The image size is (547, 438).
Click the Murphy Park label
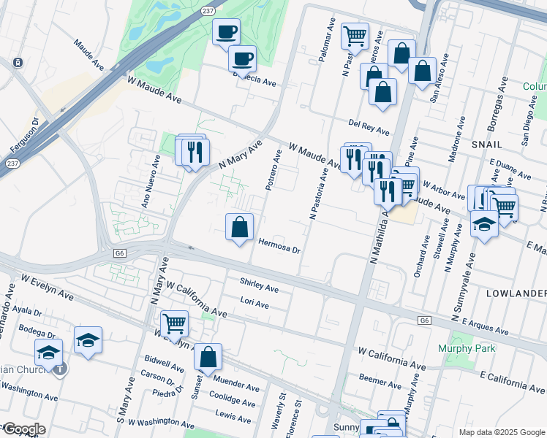pyautogui.click(x=467, y=348)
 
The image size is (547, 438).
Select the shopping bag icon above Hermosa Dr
pyautogui.click(x=239, y=228)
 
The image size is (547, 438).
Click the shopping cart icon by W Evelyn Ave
pyautogui.click(x=174, y=323)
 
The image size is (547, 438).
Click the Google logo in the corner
pyautogui.click(x=23, y=429)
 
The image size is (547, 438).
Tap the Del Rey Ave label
pyautogui.click(x=369, y=128)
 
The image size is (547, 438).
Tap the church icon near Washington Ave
pyautogui.click(x=59, y=369)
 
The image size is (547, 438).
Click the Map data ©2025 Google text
pyautogui.click(x=501, y=432)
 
